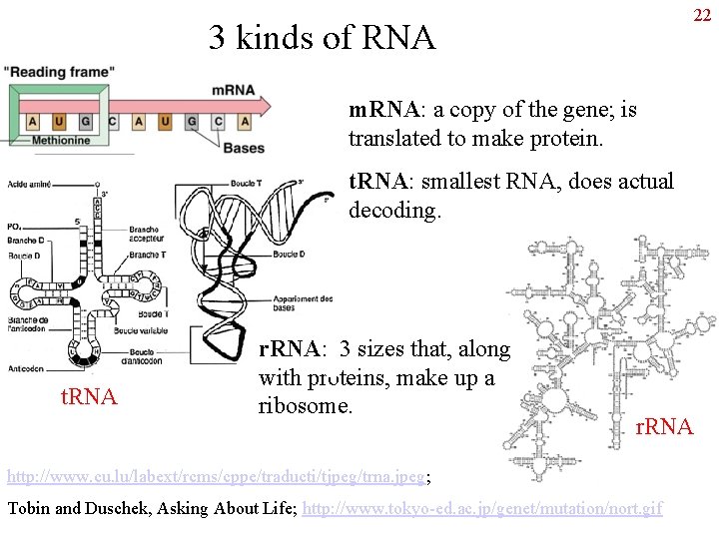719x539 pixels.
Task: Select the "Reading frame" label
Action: pos(59,72)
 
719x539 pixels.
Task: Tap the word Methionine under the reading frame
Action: pos(61,141)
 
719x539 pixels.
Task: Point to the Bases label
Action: pos(244,148)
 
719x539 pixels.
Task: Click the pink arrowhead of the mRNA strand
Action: pos(264,104)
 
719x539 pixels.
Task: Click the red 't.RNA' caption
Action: pos(89,398)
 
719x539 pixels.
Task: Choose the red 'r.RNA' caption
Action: pos(664,427)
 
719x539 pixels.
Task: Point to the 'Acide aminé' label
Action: pos(28,185)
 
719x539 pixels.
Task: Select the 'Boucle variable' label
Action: pos(141,329)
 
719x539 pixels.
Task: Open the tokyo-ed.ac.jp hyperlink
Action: pos(482,508)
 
